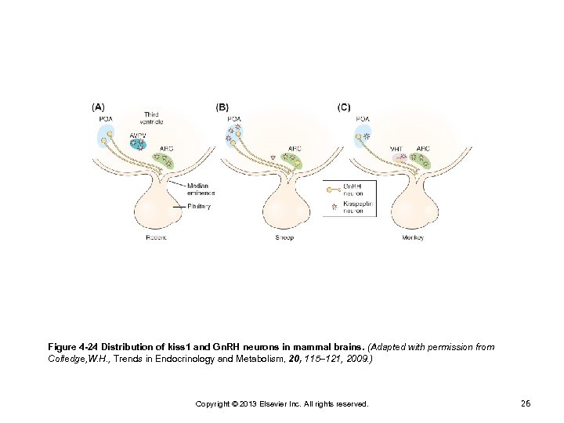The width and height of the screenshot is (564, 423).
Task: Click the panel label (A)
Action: click(x=100, y=106)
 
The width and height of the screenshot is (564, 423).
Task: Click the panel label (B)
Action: click(x=222, y=106)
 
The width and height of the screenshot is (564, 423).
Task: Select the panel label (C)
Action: click(x=344, y=106)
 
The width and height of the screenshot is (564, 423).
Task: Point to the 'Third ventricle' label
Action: click(x=151, y=118)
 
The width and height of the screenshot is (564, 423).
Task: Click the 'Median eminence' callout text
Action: click(x=201, y=189)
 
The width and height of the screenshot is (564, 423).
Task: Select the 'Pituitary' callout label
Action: click(x=199, y=206)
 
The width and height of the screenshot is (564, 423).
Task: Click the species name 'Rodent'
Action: click(x=157, y=237)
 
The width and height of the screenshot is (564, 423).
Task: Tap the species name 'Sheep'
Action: click(x=284, y=237)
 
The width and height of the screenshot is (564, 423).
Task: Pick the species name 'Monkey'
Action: click(x=413, y=237)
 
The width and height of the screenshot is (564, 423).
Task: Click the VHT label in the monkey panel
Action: click(x=396, y=148)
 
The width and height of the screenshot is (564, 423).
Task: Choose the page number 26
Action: click(x=526, y=403)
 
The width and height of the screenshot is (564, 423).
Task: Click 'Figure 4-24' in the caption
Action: click(x=75, y=346)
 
